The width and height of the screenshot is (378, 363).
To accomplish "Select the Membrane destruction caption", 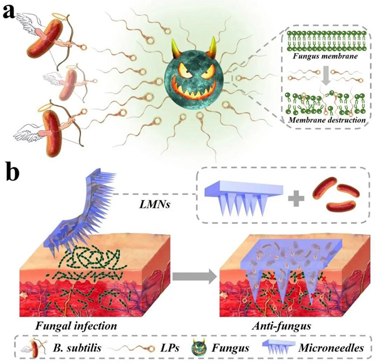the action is coord(327,120).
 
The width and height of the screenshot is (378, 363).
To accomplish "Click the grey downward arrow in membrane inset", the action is coord(326,77).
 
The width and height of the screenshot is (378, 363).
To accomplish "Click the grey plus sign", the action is coord(296,198).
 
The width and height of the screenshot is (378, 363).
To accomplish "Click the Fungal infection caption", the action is coord(76,326).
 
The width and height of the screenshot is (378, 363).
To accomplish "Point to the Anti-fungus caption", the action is coord(281,326).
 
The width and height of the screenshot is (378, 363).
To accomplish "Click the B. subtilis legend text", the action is coord(77,348).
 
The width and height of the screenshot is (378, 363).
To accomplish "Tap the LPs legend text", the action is coord(170,348).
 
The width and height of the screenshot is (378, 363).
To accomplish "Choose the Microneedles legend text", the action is coord(331,348).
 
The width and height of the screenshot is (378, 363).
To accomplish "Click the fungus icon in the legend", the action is coord(198,348).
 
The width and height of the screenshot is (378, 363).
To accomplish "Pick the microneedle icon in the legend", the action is coord(278,347).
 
